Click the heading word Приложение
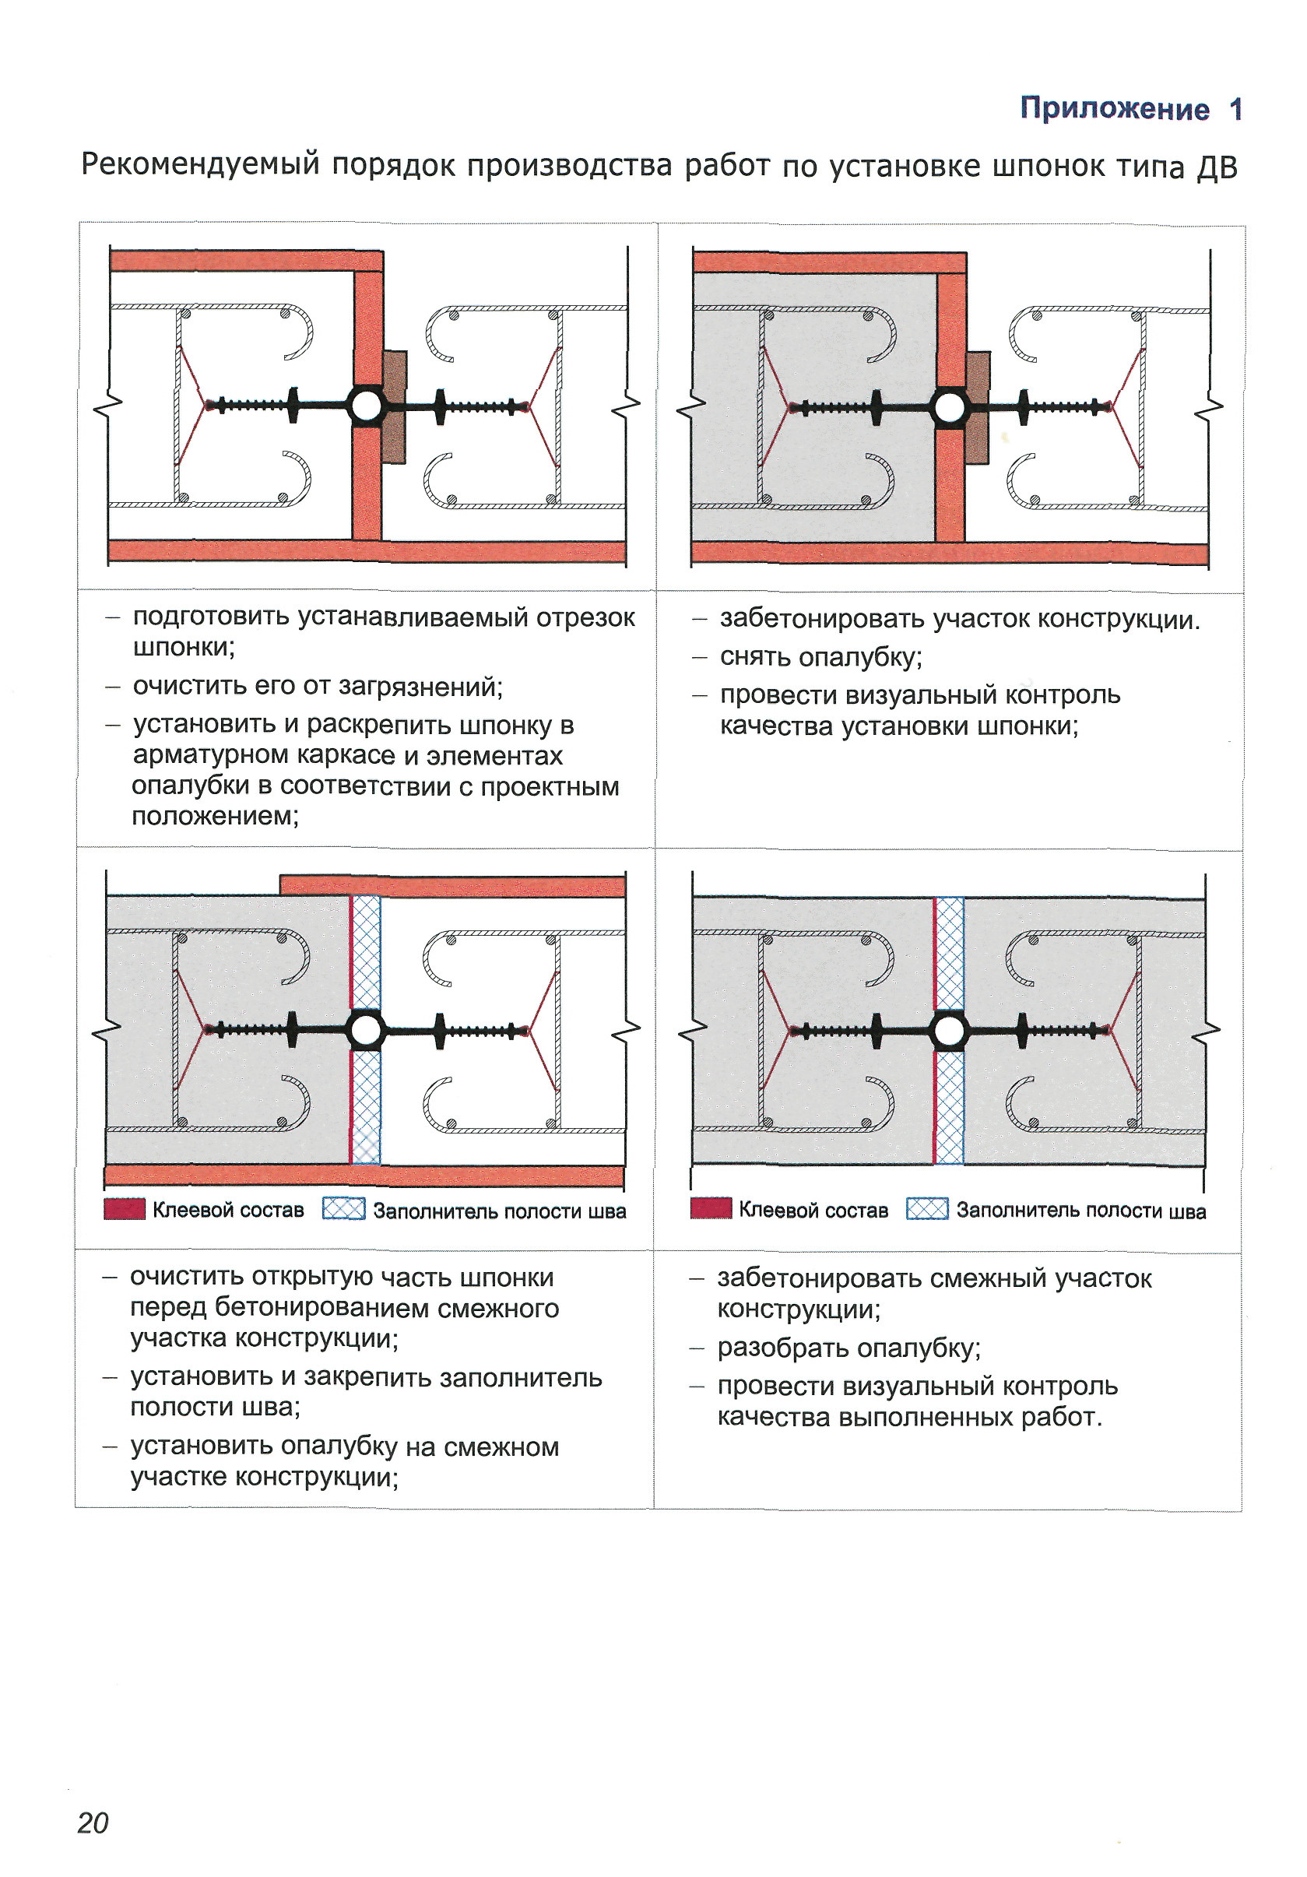point(1113,108)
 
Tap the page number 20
point(93,1823)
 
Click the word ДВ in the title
point(1217,166)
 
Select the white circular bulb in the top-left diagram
point(367,406)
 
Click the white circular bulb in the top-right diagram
point(950,407)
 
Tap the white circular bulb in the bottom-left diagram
point(365,1030)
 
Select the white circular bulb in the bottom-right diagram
point(949,1030)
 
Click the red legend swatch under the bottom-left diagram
point(125,1209)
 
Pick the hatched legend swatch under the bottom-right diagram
point(927,1209)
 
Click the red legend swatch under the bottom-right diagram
point(710,1208)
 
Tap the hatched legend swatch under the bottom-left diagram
point(343,1209)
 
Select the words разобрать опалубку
point(848,1348)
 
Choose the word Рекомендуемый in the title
point(200,164)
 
